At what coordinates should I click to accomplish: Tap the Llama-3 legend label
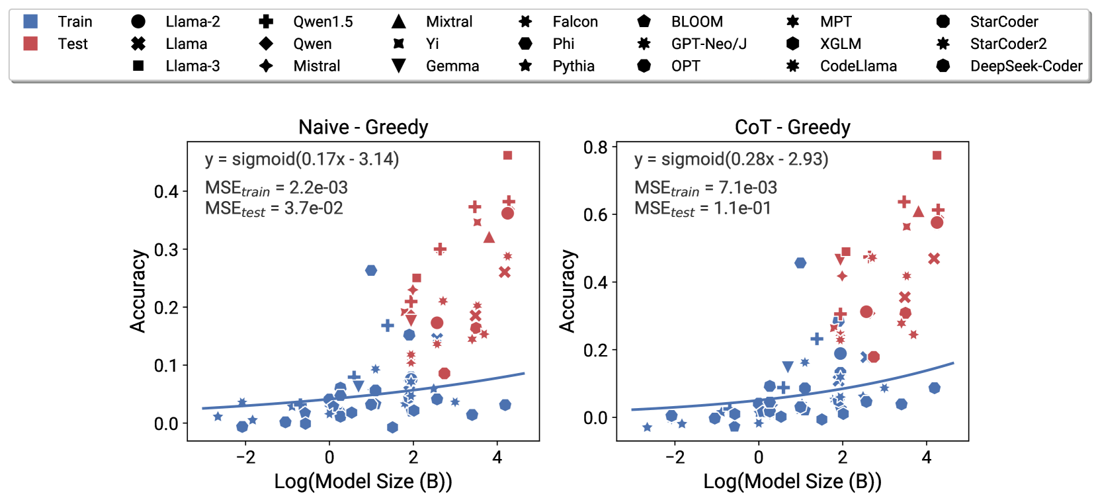point(192,66)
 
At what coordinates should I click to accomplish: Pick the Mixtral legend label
point(449,22)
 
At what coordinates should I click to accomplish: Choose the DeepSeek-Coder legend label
point(1026,66)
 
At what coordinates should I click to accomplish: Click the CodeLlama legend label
point(858,66)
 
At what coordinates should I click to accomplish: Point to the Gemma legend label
point(452,66)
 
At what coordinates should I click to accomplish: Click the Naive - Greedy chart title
point(363,127)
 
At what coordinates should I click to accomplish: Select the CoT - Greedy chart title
point(792,127)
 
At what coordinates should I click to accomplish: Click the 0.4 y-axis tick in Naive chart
point(166,192)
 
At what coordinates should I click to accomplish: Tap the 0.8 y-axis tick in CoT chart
point(595,147)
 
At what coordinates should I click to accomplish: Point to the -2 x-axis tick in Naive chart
point(245,457)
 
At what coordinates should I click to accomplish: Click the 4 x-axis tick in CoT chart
point(926,457)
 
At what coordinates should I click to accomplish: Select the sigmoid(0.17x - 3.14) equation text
point(302,159)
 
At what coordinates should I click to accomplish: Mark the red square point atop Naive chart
point(507,155)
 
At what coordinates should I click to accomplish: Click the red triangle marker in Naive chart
point(489,237)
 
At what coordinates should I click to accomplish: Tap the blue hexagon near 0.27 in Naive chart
point(371,271)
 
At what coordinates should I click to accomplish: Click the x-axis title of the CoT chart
point(792,481)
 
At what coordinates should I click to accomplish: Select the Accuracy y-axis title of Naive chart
point(138,291)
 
